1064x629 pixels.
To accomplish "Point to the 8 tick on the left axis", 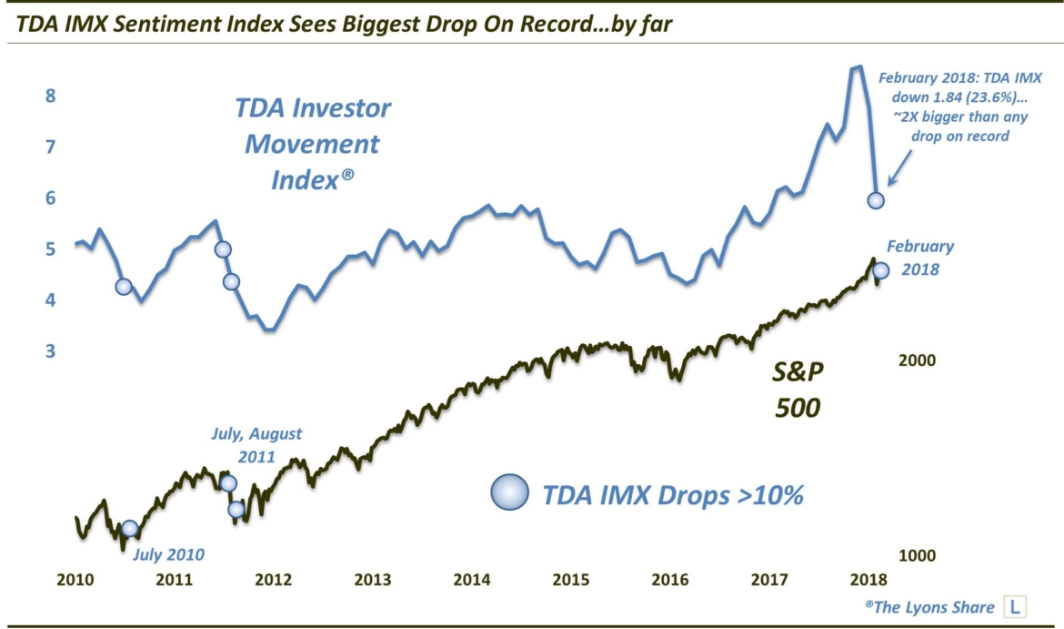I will [51, 96].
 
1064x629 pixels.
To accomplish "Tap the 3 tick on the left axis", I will [51, 351].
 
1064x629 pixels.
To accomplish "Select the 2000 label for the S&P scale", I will [917, 361].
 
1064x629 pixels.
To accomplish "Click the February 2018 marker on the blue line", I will [876, 200].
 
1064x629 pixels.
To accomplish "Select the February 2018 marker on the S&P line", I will [880, 270].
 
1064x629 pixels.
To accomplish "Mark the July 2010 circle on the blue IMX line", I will [124, 286].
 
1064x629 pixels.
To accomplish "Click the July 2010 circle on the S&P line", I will [130, 529].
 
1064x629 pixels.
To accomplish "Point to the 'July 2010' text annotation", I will [168, 553].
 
